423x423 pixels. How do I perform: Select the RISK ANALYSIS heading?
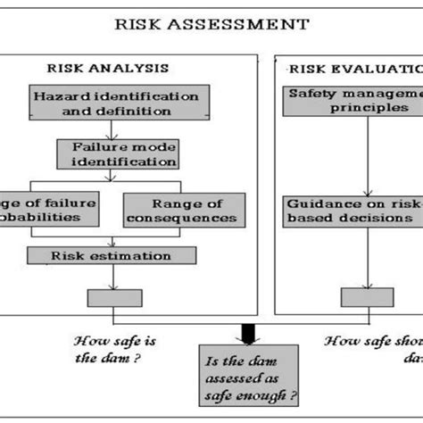[108, 68]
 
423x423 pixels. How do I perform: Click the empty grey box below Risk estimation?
[115, 297]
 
